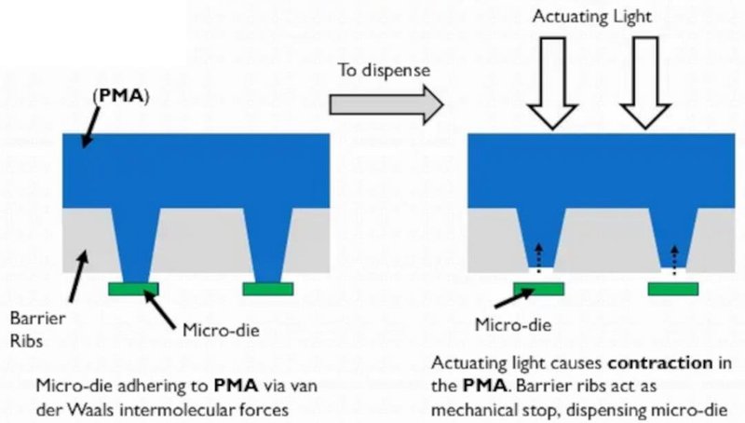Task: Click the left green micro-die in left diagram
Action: [x=134, y=289]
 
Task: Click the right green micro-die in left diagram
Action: [x=268, y=289]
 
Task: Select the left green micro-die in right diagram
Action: [x=538, y=289]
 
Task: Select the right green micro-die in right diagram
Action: [x=673, y=289]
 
